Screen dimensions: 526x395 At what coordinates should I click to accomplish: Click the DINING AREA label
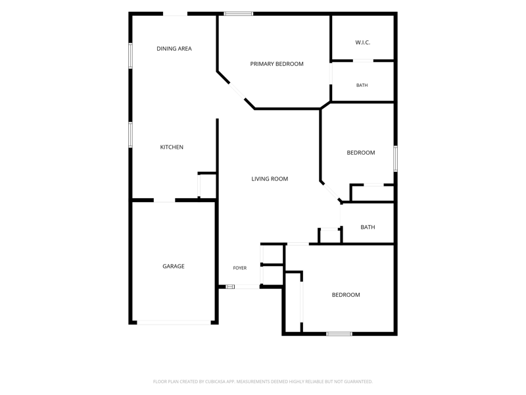tap(174, 49)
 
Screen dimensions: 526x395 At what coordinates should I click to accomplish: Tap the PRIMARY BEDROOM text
tap(277, 64)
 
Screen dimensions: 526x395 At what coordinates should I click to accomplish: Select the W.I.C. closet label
tap(363, 42)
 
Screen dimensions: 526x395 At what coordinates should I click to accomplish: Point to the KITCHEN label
tap(172, 147)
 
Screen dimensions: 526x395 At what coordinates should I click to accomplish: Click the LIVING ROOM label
tap(270, 179)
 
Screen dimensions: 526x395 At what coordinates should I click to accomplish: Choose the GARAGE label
tap(174, 267)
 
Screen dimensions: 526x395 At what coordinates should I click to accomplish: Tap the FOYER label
tap(240, 268)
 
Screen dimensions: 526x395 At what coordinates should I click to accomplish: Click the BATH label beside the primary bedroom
tap(362, 86)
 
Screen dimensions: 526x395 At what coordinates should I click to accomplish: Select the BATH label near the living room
tap(368, 227)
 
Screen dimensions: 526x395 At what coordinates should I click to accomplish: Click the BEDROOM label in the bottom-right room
tap(346, 295)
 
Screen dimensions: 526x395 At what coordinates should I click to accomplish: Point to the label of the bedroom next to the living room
tap(361, 153)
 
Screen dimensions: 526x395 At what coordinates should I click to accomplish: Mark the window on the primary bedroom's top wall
tap(239, 14)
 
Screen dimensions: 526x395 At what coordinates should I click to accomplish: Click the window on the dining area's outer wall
tap(130, 56)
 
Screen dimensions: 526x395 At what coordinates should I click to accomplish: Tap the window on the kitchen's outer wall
tap(130, 135)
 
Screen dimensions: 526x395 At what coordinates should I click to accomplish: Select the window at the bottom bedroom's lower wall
tap(339, 334)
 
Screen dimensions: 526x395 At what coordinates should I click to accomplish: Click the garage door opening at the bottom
tap(174, 323)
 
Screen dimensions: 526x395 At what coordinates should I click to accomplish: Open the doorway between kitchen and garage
tap(164, 201)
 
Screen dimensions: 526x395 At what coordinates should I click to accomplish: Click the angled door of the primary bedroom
tap(237, 91)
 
